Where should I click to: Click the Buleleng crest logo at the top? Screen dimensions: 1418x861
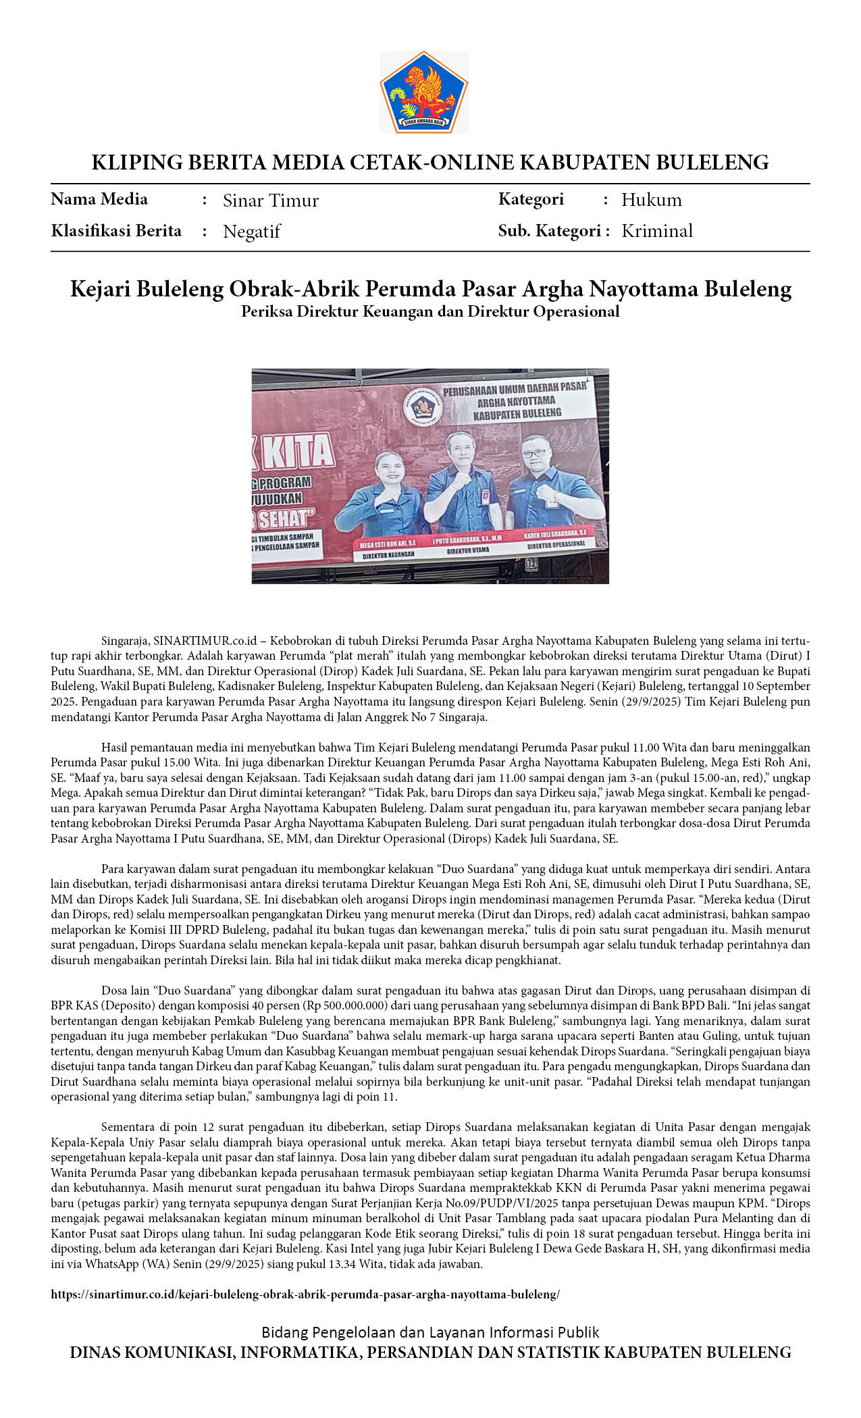tap(424, 93)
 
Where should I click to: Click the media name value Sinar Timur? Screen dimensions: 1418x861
tap(270, 201)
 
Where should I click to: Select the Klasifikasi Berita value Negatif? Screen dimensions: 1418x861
tap(251, 232)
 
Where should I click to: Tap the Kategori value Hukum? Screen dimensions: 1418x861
tap(651, 200)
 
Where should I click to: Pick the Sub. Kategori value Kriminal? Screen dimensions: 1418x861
tap(656, 231)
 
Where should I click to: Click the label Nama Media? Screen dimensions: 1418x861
tap(99, 199)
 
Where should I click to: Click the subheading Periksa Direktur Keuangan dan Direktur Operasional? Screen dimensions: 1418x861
tap(430, 311)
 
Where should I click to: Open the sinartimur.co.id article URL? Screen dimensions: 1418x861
tap(305, 1294)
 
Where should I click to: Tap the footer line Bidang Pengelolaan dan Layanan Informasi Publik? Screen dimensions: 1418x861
tap(430, 1332)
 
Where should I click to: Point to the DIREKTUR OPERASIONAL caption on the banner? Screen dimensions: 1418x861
tap(556, 544)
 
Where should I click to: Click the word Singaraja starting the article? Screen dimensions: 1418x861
tap(125, 640)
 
